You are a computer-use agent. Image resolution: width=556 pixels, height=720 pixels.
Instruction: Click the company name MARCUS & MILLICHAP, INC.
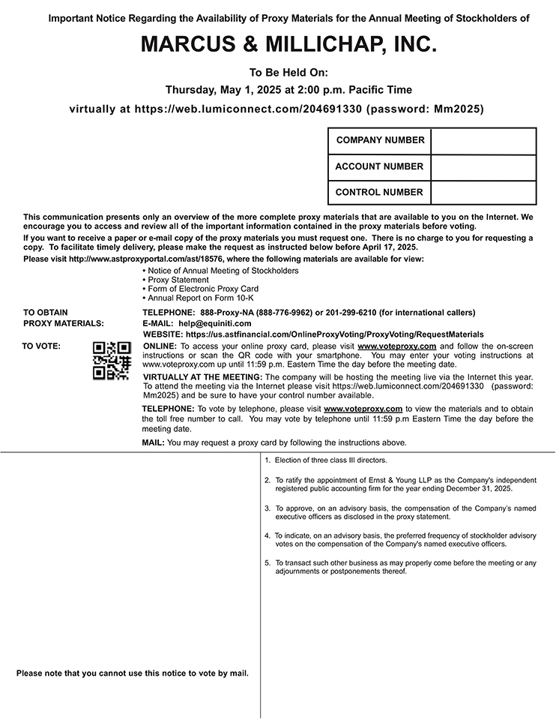[288, 46]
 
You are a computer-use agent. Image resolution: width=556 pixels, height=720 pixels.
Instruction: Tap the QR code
[112, 360]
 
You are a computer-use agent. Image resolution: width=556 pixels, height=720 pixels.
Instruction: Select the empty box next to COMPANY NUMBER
[483, 141]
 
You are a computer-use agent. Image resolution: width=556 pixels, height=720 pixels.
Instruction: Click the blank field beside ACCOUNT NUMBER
[483, 166]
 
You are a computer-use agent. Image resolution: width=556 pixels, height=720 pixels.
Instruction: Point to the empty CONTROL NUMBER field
[483, 192]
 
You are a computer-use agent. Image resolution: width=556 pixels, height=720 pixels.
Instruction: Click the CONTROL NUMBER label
[379, 192]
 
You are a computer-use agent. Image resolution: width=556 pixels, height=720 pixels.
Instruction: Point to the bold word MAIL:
[154, 443]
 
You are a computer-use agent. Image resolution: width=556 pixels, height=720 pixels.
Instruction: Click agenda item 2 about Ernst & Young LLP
[405, 484]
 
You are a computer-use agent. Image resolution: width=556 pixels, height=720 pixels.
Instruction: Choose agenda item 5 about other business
[405, 567]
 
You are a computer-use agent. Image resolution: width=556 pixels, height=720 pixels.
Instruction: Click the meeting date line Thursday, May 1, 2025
[288, 90]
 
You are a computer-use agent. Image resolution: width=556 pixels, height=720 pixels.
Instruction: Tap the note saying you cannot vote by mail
[133, 673]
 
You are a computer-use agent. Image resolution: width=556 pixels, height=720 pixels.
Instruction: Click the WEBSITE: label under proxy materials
[163, 334]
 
